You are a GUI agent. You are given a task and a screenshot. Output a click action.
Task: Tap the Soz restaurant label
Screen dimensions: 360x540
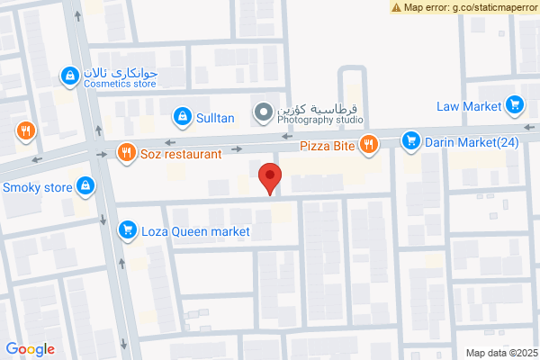point(181,154)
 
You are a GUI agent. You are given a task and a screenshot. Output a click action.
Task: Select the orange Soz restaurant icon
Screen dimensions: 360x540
point(126,153)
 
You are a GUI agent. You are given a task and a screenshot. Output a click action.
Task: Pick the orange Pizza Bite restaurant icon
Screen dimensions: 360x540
point(368,144)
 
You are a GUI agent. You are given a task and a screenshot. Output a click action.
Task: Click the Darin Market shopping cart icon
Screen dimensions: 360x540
point(410,140)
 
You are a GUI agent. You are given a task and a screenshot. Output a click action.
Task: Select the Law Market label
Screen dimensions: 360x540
point(468,106)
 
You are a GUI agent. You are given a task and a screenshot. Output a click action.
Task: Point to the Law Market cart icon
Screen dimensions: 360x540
point(515,105)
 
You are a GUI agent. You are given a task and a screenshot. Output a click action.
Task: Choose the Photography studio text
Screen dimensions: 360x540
point(319,119)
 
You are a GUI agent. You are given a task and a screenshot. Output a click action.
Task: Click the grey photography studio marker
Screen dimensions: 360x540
point(263,112)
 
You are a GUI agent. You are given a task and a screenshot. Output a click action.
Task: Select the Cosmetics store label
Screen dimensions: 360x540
point(121,84)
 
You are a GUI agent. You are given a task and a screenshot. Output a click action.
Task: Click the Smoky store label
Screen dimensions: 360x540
point(37,188)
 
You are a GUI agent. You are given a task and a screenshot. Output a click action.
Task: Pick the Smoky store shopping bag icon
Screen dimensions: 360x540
point(85,186)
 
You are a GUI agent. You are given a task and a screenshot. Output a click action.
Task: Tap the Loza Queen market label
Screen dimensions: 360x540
point(195,231)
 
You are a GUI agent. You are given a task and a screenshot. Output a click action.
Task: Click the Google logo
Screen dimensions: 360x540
point(31,349)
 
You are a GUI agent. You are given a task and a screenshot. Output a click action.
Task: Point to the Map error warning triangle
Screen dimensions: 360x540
point(397,7)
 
